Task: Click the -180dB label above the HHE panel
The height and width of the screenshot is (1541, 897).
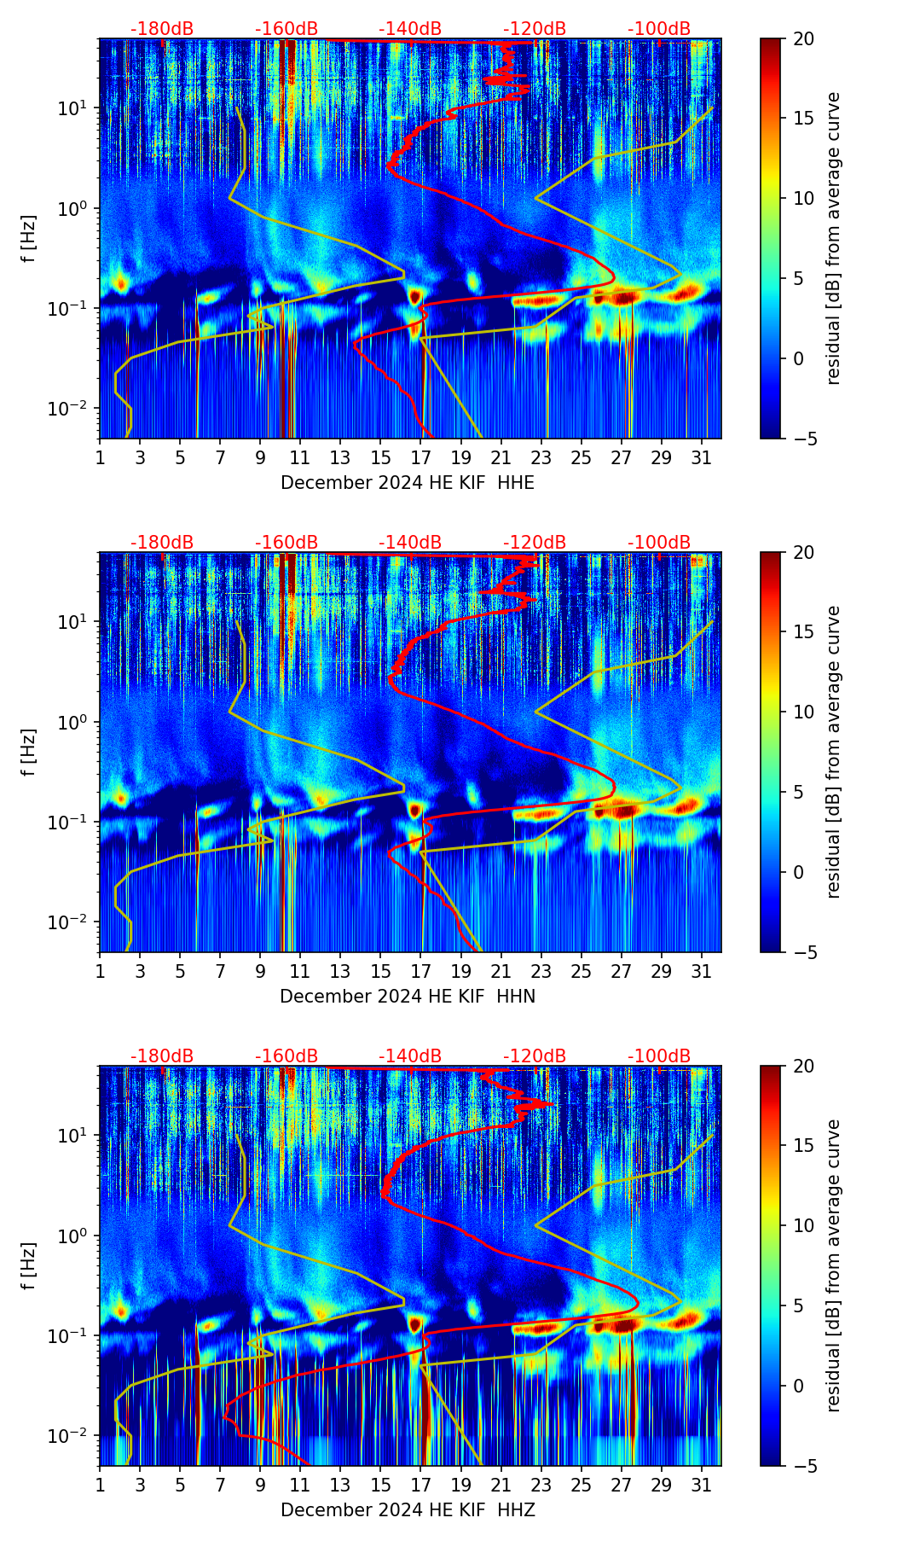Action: (162, 29)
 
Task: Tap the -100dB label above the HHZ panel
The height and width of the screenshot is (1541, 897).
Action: (659, 1056)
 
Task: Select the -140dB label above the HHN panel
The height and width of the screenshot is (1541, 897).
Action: (410, 543)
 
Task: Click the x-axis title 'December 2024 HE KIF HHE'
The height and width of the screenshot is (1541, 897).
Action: (408, 483)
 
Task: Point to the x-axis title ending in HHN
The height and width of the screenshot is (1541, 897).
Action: (408, 997)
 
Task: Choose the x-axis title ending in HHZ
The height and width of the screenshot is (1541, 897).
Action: (408, 1510)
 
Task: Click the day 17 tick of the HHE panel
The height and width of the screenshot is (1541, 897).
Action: (420, 457)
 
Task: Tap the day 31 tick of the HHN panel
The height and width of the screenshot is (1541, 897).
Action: (701, 971)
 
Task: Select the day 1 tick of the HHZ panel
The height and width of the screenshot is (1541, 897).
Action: (100, 1485)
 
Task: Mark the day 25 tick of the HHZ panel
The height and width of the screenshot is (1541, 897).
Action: (581, 1485)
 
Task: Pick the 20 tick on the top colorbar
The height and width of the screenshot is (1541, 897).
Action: (802, 38)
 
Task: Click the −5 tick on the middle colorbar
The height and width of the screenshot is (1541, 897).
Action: (802, 952)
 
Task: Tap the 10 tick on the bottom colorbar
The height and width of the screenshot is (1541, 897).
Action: (802, 1225)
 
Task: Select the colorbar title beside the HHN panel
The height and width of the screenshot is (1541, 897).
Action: (834, 752)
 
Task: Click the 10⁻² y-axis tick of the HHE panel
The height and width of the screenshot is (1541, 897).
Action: (70, 410)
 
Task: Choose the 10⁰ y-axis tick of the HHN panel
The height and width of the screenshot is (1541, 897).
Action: (72, 723)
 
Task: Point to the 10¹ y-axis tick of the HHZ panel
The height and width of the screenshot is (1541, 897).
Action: (72, 1136)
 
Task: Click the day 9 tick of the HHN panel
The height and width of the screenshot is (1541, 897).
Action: (260, 971)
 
